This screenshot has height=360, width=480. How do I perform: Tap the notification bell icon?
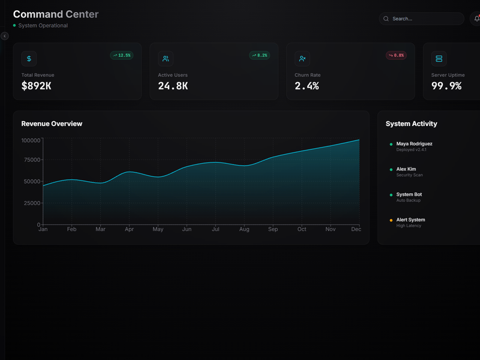coord(476,19)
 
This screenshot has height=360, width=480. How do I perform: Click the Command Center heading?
coord(56,14)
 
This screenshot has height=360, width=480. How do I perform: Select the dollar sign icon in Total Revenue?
coord(29,58)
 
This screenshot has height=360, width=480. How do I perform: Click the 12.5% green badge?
coord(122,55)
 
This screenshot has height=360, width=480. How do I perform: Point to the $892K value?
coord(36,86)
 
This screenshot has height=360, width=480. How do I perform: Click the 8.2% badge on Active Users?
coord(260,55)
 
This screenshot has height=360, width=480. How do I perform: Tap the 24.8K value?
coord(173,86)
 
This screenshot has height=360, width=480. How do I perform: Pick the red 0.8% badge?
coord(397,55)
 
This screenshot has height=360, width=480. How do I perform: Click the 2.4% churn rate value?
coord(307,86)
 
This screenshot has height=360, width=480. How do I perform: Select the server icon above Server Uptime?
coord(439,58)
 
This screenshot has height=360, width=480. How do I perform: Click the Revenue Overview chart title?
coord(52,124)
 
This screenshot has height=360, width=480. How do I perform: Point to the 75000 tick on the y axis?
coord(31,160)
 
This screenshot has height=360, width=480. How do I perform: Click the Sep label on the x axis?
coord(273,229)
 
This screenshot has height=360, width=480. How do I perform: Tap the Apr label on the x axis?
coord(129,229)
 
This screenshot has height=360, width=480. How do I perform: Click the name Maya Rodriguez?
coord(414,144)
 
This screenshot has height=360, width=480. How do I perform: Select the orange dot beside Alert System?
coord(391,220)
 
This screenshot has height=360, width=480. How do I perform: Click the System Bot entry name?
coord(409,194)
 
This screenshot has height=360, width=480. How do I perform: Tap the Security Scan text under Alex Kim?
coord(409,175)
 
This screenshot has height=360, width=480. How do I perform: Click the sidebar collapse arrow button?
coord(5,36)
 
